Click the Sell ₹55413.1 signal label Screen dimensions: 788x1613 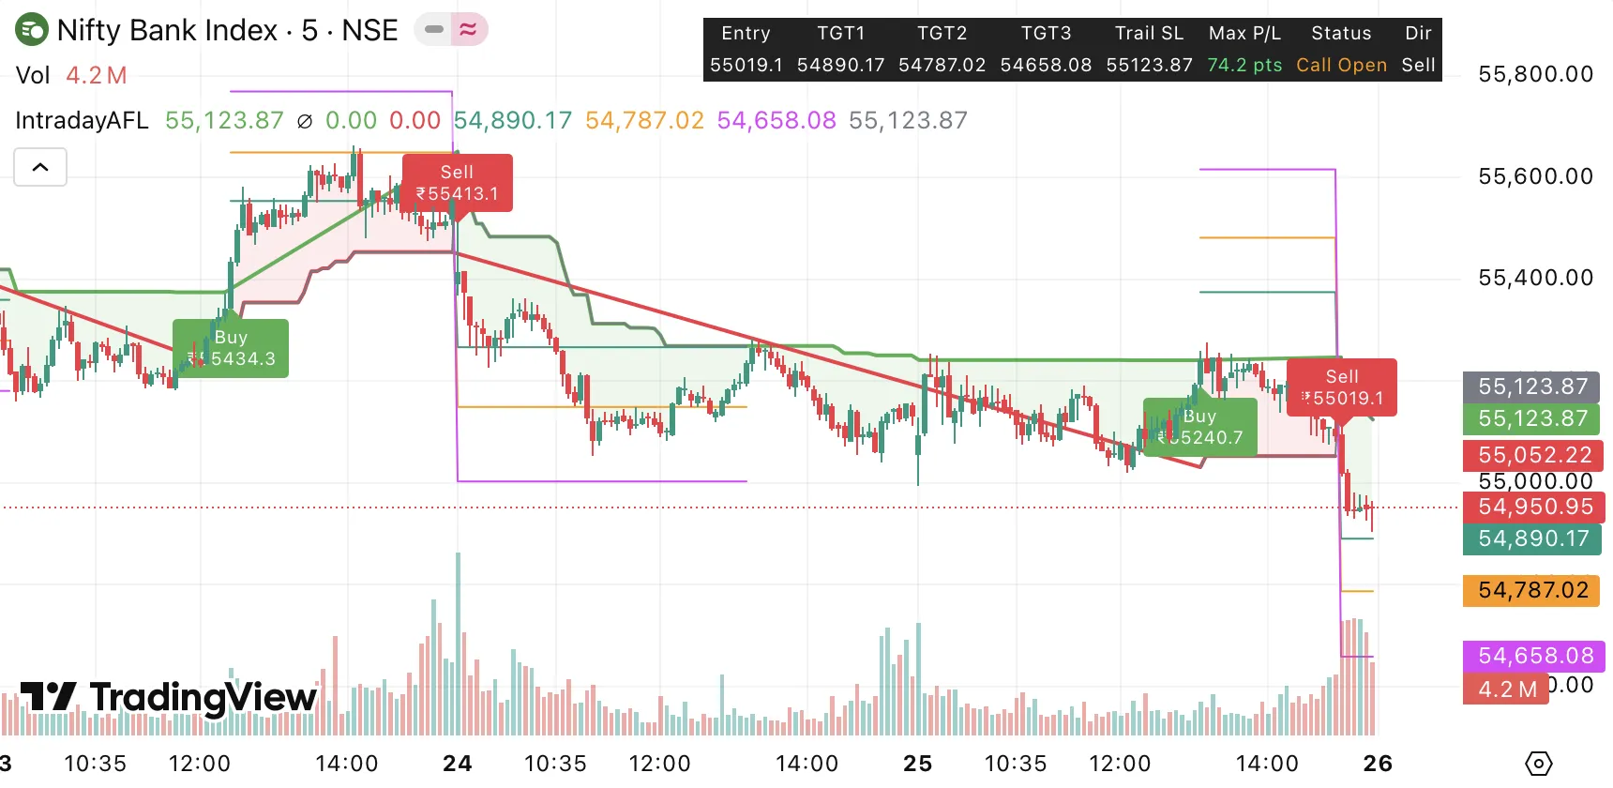click(457, 183)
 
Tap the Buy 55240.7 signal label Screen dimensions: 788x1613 click(1199, 427)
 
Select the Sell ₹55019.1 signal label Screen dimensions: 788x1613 click(1342, 387)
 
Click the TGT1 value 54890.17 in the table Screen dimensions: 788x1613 click(840, 65)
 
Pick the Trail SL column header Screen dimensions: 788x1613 click(1149, 33)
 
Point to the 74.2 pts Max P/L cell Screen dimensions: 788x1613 click(1244, 65)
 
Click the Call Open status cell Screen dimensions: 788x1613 click(1341, 65)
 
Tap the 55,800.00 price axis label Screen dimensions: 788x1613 click(1535, 74)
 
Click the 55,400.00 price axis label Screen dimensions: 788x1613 click(1535, 278)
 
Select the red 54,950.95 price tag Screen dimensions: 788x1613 click(1534, 508)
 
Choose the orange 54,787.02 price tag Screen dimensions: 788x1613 click(1532, 590)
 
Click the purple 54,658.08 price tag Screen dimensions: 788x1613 click(1534, 656)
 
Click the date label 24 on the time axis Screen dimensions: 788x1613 click(458, 764)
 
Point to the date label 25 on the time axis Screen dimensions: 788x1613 click(917, 764)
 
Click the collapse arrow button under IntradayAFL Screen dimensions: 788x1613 click(40, 167)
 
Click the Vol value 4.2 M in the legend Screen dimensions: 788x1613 click(97, 75)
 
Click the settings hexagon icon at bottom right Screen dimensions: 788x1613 click(1539, 764)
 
